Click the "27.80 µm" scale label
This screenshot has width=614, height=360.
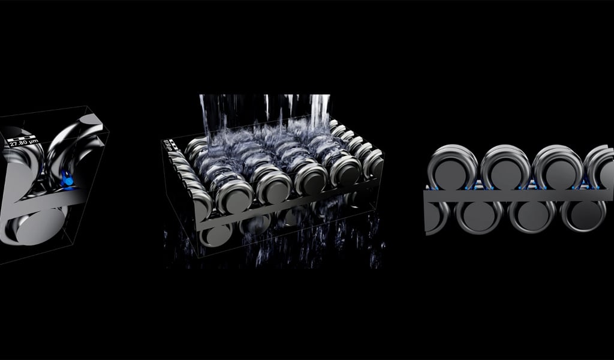24,143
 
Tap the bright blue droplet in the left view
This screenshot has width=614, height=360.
68,179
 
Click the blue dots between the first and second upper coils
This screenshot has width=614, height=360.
480,186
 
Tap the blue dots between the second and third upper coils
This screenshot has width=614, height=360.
531,186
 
